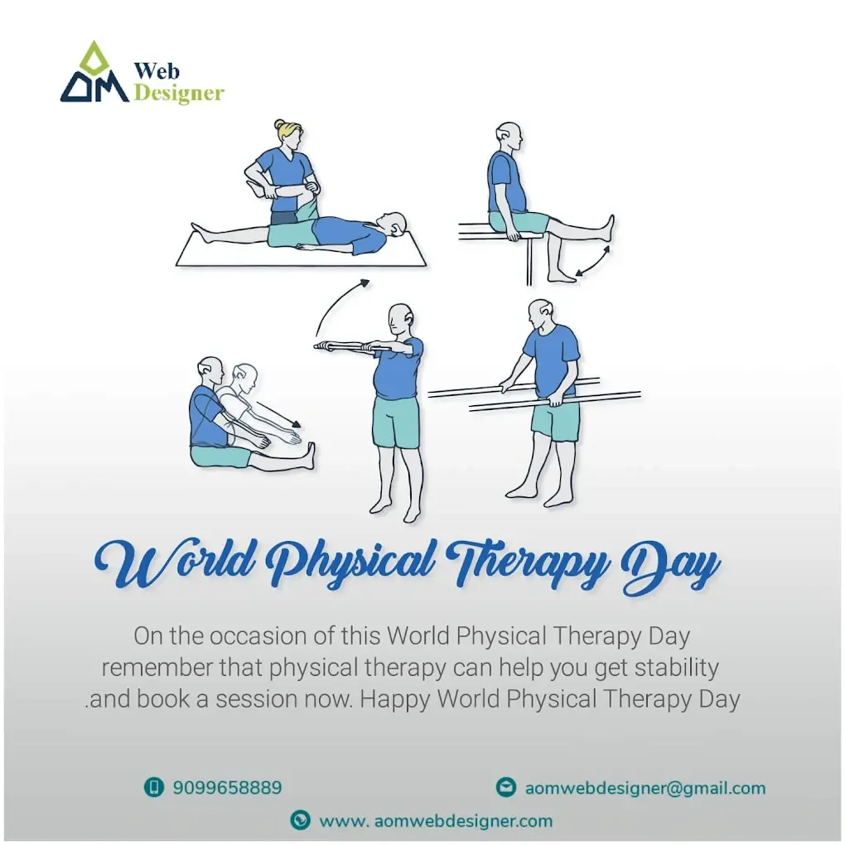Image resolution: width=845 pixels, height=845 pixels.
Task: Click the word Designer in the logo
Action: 178,94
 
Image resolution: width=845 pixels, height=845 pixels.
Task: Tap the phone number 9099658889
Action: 227,788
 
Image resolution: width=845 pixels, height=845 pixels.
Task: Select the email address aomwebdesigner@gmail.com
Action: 645,788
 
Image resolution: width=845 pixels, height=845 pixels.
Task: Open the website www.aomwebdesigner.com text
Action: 436,821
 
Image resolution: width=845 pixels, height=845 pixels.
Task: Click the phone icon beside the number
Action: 153,787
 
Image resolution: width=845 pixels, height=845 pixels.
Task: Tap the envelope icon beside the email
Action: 506,787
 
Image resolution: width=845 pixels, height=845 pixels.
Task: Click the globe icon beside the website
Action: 300,820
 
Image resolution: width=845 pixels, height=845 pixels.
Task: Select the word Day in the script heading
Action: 670,568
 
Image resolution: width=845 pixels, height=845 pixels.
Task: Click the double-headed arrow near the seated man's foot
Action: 591,262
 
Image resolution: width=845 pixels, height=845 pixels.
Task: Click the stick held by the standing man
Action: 353,346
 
